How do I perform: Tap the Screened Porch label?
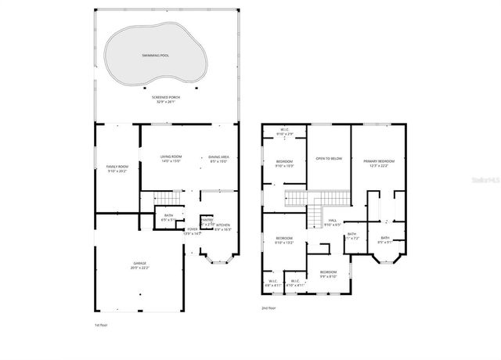165,99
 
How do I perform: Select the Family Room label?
117,168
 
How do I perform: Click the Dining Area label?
218,159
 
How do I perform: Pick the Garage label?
139,265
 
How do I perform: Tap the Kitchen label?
223,227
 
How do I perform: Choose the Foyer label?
192,231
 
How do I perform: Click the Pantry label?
207,221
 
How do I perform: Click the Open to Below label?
329,158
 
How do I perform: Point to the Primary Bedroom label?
378,163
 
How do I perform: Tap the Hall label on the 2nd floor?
332,223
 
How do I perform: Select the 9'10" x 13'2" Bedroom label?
283,240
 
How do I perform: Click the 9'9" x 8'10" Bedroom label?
327,273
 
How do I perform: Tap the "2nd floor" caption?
269,308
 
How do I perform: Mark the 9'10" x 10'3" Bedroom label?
283,163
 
